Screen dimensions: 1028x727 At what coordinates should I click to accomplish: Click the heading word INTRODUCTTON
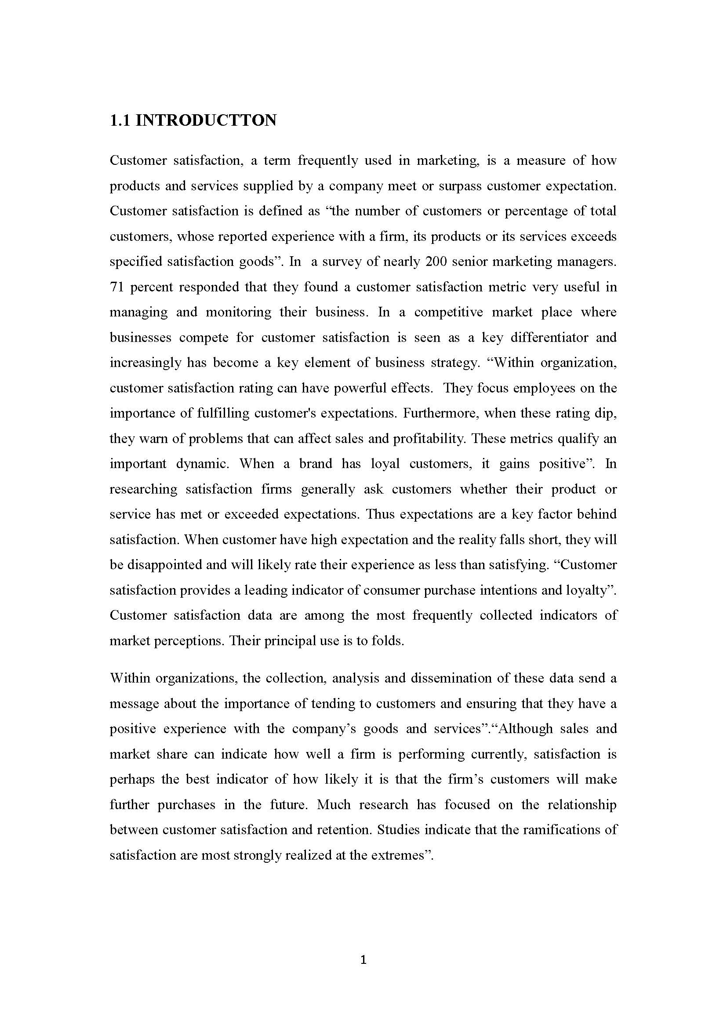[x=206, y=120]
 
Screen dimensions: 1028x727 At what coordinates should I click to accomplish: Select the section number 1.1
[x=120, y=120]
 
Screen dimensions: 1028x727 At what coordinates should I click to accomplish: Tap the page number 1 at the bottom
[x=363, y=959]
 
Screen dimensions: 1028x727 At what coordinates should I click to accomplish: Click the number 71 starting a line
[x=116, y=287]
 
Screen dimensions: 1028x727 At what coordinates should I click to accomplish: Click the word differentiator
[x=549, y=338]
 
